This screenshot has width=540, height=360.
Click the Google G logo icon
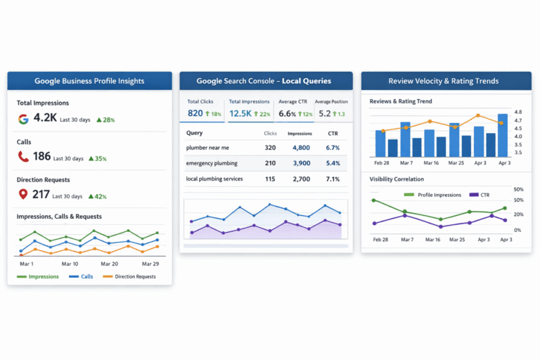point(23,118)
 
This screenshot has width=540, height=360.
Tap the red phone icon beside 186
point(23,157)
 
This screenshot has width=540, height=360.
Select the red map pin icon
point(23,195)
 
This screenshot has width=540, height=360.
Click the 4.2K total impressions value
point(45,118)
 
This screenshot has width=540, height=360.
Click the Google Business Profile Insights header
point(89,81)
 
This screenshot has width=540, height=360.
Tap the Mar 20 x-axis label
point(109,264)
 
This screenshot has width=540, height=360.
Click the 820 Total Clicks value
point(195,113)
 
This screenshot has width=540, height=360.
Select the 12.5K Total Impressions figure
point(240,113)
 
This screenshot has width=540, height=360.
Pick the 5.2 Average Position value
point(324,113)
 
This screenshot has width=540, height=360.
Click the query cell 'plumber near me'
point(207,148)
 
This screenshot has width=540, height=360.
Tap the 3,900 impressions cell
point(301,163)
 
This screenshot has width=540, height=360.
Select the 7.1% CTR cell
point(333,179)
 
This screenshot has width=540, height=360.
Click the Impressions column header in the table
point(300,133)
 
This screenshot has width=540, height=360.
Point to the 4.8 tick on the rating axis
point(517,112)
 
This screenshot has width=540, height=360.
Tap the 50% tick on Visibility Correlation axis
point(519,190)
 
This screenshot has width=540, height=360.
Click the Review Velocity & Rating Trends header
point(446,81)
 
